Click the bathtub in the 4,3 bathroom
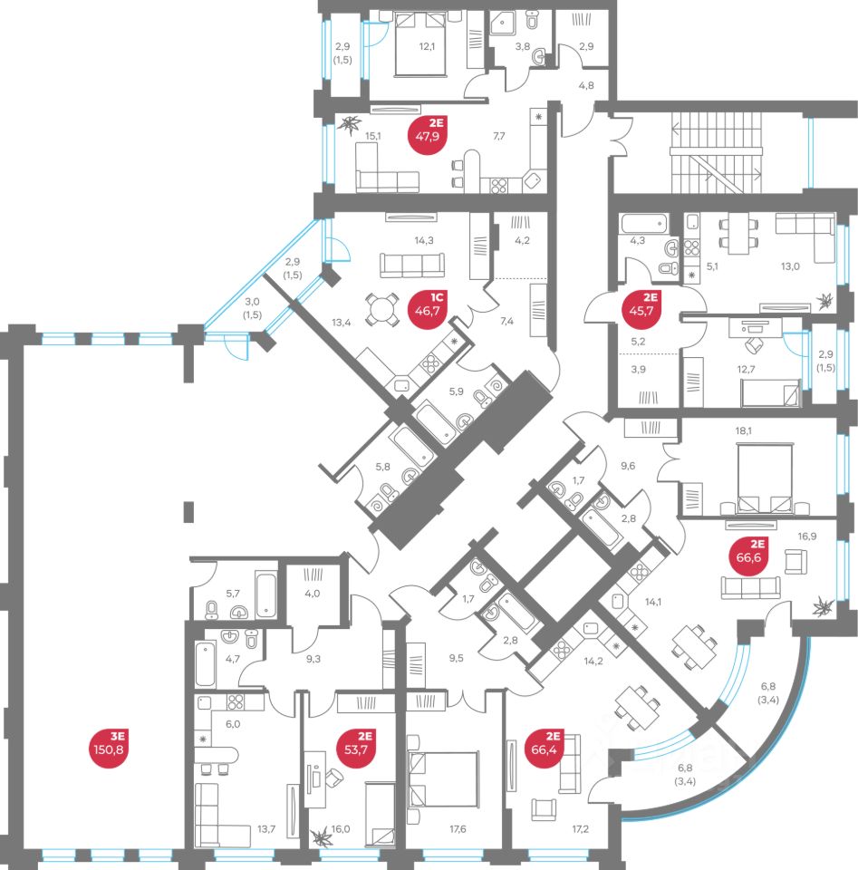click(x=643, y=223)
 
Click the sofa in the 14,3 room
click(x=412, y=265)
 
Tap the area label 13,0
click(x=791, y=266)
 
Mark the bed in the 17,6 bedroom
click(x=443, y=779)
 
